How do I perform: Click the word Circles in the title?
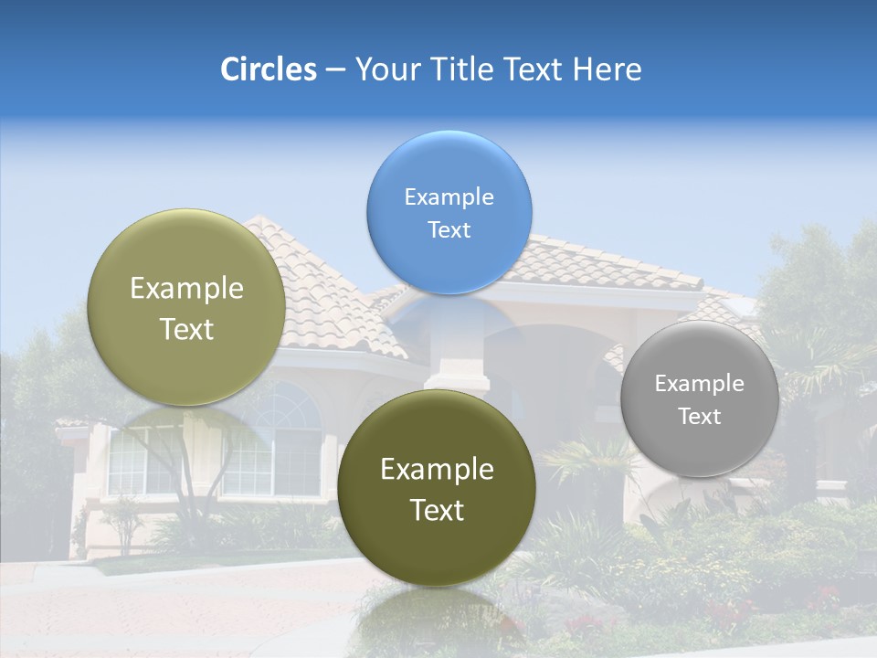pyautogui.click(x=268, y=69)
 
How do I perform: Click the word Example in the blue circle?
pyautogui.click(x=449, y=196)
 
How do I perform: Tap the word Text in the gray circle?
pyautogui.click(x=700, y=417)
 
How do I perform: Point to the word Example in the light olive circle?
pyautogui.click(x=186, y=289)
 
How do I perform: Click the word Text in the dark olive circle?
pyautogui.click(x=437, y=510)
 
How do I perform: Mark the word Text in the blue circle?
pyautogui.click(x=449, y=229)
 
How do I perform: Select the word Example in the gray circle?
pyautogui.click(x=700, y=384)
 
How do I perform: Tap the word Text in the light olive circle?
pyautogui.click(x=186, y=329)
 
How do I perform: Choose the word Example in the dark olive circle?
pyautogui.click(x=437, y=470)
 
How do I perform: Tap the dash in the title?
pyautogui.click(x=334, y=70)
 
